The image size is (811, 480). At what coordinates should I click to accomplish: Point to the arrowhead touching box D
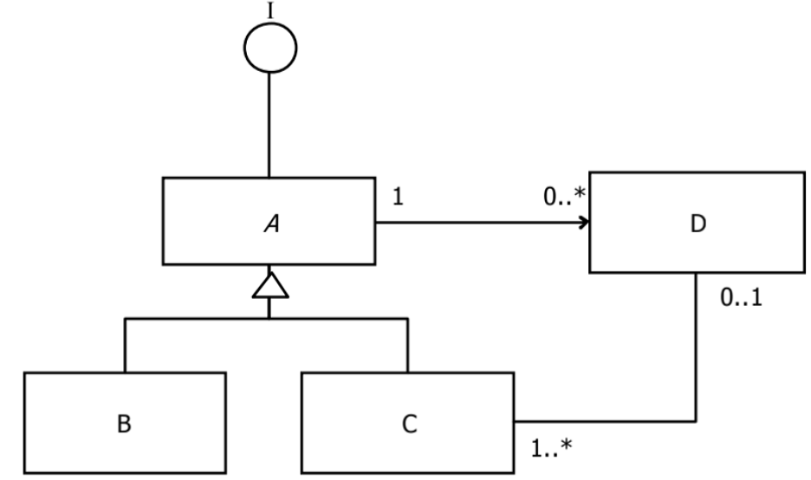[x=584, y=222]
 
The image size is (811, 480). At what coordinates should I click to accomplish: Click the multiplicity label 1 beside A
[x=398, y=198]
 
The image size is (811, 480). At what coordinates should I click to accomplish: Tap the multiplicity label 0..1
[x=742, y=301]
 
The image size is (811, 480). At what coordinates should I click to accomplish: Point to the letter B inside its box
[x=125, y=425]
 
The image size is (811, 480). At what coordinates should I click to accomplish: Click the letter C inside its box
[x=410, y=425]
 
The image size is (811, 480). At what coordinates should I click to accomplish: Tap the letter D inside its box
[x=699, y=224]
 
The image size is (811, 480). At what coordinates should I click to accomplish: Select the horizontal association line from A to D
[x=477, y=222]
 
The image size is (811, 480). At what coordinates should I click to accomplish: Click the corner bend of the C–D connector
[x=697, y=421]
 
